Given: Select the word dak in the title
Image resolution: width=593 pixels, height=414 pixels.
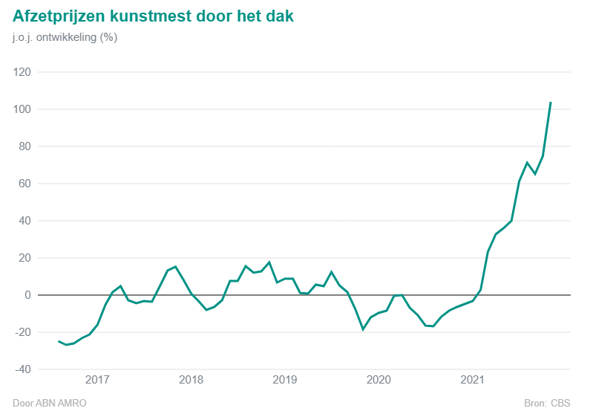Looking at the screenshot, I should [279, 16].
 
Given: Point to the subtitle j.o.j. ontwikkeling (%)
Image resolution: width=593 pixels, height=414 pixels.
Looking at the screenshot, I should [65, 37].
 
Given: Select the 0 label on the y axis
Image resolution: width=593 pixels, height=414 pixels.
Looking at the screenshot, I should [28, 295].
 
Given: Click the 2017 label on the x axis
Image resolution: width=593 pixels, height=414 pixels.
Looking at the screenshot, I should [97, 381].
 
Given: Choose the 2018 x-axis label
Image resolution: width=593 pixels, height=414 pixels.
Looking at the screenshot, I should [191, 381].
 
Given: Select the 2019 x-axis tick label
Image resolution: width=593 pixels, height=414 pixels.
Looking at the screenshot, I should [285, 381].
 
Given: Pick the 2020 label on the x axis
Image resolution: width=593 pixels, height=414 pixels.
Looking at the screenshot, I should [379, 381].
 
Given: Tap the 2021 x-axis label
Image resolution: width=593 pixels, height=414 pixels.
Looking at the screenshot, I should [473, 381].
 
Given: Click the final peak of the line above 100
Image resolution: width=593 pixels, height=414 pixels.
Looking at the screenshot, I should [550, 103].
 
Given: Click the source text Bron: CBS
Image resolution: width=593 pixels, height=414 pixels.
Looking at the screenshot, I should [547, 404].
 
